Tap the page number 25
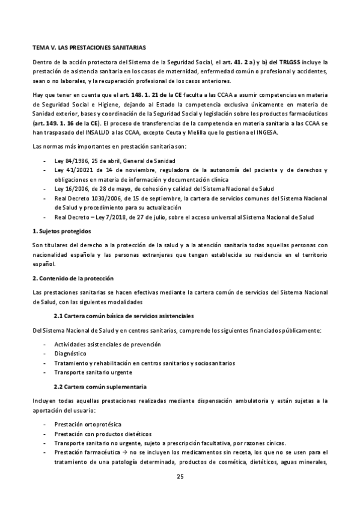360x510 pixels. pyautogui.click(x=180, y=476)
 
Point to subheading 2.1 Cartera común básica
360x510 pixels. pyautogui.click(x=123, y=316)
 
